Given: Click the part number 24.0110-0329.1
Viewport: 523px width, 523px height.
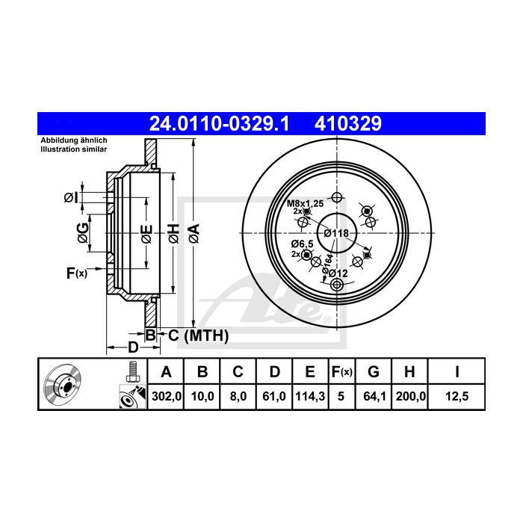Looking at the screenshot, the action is coord(219,124).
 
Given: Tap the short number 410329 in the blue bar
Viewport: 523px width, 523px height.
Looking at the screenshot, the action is coord(348,124).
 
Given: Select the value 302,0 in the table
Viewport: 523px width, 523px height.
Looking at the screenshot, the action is coord(167,396).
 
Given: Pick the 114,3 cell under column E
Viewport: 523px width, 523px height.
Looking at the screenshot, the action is coord(310,396).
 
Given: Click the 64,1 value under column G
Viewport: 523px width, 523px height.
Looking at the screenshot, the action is coord(374,396).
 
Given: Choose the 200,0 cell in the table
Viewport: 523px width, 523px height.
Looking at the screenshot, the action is coord(411,396).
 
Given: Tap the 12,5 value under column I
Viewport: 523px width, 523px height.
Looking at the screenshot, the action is coord(457,396).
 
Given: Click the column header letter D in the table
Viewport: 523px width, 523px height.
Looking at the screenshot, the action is coord(274,371).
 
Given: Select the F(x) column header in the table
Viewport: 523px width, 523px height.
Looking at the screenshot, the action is coord(342,371).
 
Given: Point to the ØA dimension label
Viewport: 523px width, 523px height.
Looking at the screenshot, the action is coord(194,233).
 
